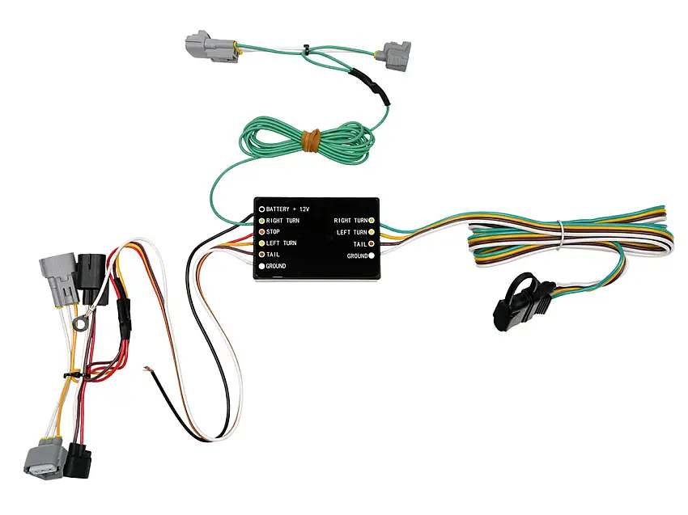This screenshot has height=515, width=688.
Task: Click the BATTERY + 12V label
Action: click(x=287, y=209)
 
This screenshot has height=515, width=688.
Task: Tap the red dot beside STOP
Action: click(x=261, y=232)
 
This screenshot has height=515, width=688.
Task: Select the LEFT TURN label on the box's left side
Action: click(x=281, y=243)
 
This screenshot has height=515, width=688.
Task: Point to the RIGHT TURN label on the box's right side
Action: click(x=350, y=221)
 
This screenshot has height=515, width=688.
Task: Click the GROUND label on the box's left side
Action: click(x=275, y=266)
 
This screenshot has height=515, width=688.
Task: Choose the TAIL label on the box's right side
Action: click(x=360, y=244)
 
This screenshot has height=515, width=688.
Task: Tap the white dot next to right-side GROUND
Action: click(x=372, y=255)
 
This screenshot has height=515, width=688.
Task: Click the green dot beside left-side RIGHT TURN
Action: click(x=261, y=221)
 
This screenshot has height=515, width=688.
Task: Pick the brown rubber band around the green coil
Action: click(x=311, y=140)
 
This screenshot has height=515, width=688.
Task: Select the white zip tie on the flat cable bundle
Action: click(x=560, y=235)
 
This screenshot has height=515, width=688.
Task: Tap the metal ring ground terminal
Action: click(x=80, y=324)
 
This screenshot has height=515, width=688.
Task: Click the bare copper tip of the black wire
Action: click(x=147, y=369)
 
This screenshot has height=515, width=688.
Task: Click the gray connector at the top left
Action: click(x=211, y=46)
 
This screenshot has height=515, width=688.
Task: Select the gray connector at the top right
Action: click(x=397, y=56)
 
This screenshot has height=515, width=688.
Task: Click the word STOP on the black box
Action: click(x=273, y=232)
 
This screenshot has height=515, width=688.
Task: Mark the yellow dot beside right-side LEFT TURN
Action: click(x=372, y=232)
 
